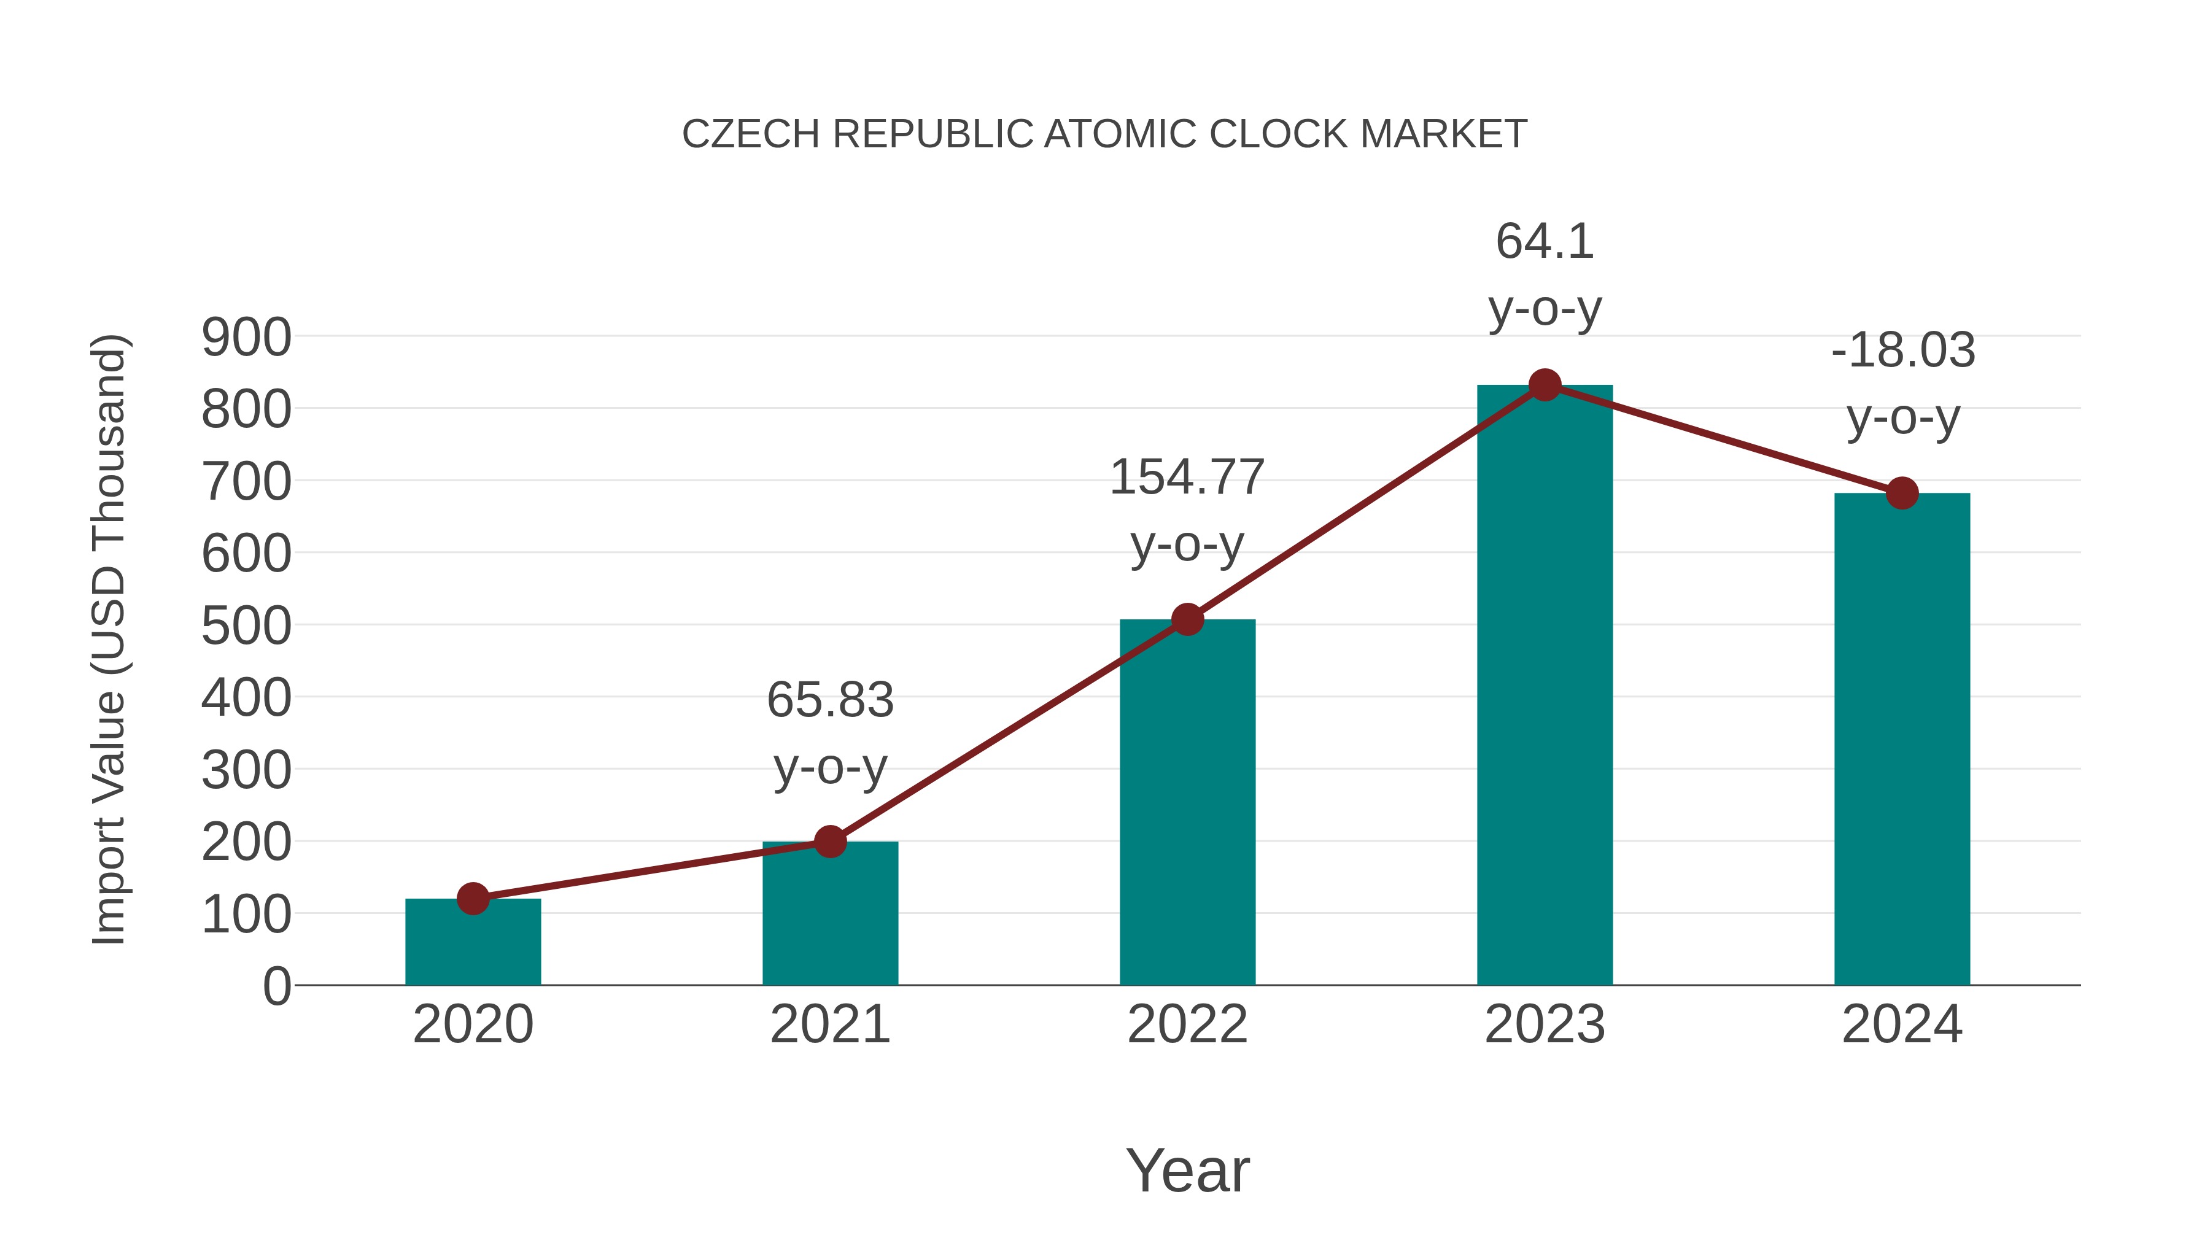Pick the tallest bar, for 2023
1545,686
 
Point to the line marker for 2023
1545,385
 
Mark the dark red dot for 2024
1902,494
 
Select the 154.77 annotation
1187,478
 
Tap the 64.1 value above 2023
1545,242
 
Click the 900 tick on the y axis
246,337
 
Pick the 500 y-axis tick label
246,626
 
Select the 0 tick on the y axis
276,986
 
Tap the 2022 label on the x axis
1187,1024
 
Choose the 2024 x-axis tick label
1902,1024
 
